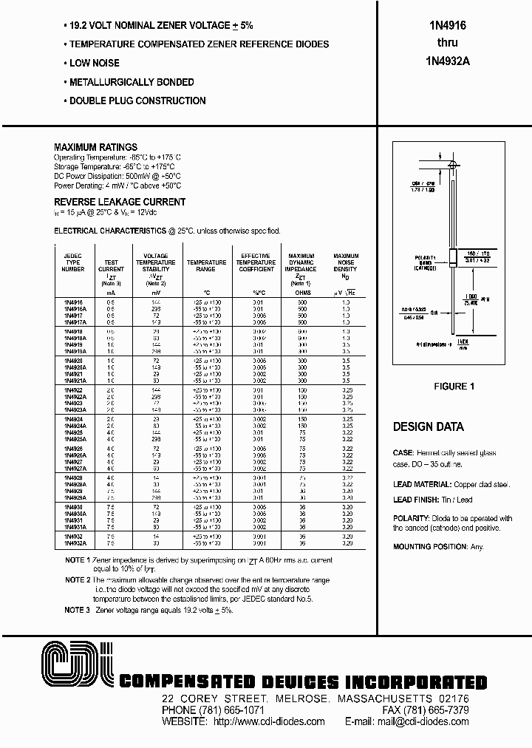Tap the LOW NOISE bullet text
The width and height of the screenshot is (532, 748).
click(x=94, y=64)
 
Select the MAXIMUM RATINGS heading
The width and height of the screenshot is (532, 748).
click(x=95, y=147)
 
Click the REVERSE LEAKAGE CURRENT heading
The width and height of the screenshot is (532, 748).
click(x=120, y=202)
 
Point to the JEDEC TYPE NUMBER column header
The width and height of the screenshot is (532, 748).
click(x=72, y=262)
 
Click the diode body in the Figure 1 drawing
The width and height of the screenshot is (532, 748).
click(x=451, y=259)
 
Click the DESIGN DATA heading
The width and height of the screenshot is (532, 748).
click(x=429, y=427)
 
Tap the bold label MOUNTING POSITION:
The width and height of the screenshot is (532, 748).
click(x=430, y=547)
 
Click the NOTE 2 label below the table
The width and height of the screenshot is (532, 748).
click(x=78, y=580)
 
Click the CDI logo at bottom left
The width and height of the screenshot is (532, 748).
click(x=76, y=666)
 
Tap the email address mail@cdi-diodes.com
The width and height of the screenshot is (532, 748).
click(x=435, y=721)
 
